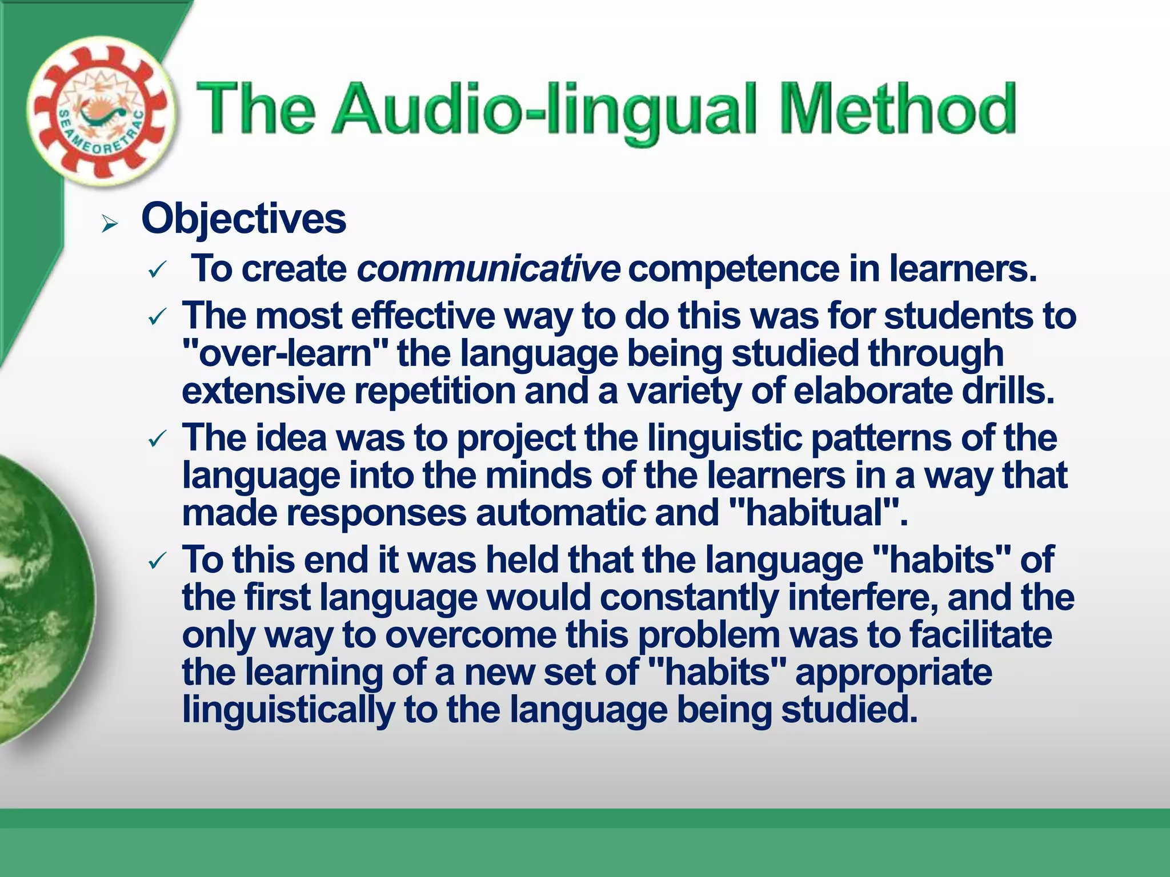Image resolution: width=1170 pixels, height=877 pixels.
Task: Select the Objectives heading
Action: (x=243, y=219)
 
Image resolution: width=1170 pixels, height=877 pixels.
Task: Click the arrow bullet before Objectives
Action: (x=109, y=224)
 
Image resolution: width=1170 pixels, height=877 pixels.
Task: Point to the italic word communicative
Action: (x=488, y=268)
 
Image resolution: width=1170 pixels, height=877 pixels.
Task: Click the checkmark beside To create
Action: (x=157, y=270)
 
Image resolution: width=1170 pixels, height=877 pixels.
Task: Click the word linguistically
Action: (x=288, y=710)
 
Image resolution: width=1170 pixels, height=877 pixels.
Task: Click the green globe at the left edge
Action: (x=40, y=600)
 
